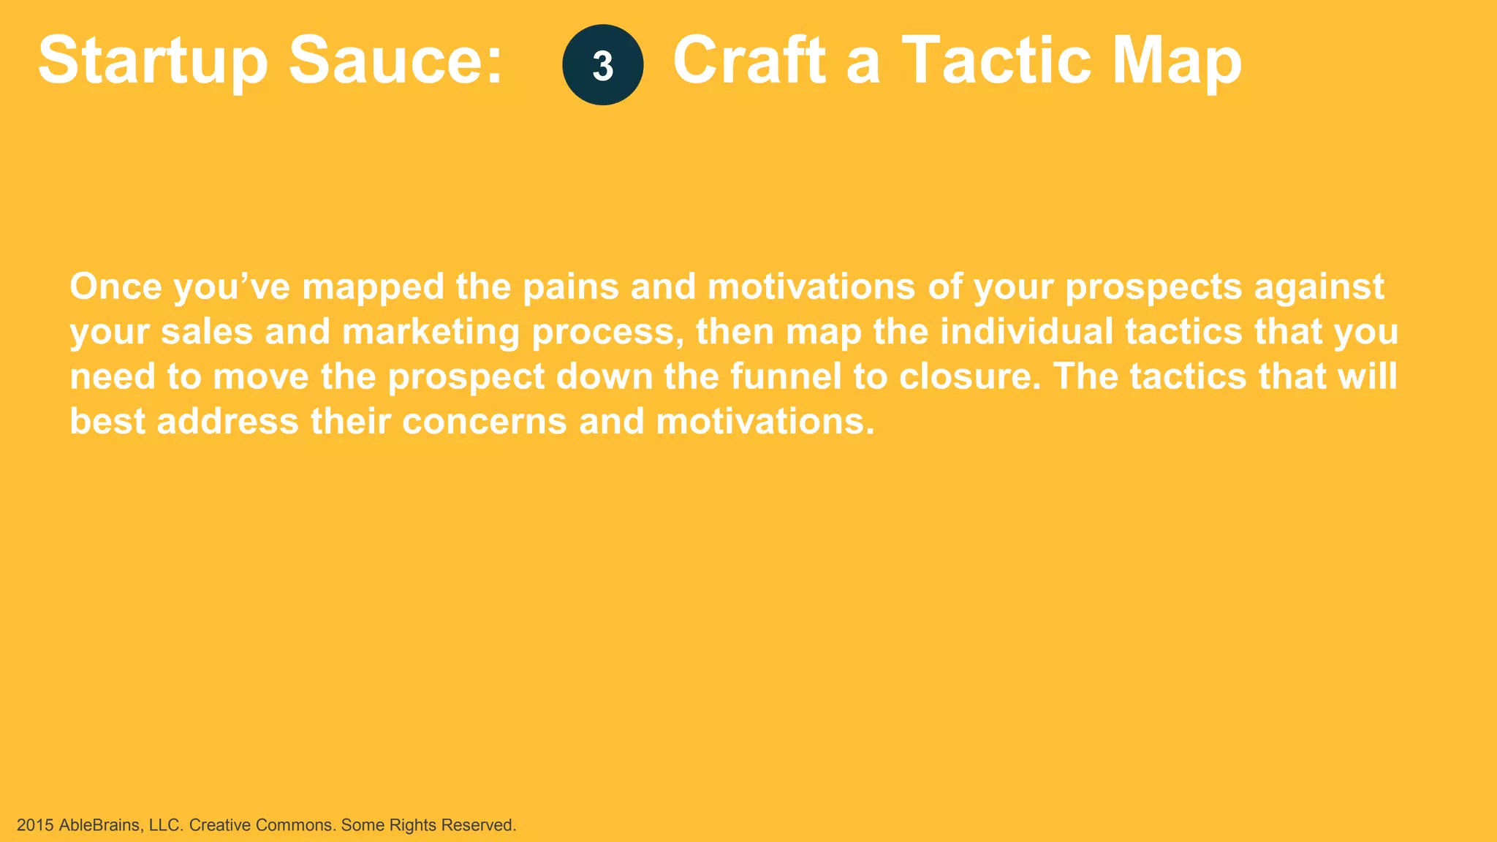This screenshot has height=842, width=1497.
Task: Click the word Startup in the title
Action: [153, 61]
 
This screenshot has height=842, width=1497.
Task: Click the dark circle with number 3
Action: [602, 65]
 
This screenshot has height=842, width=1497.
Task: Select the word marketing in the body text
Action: [431, 332]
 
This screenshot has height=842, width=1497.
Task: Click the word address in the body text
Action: [227, 422]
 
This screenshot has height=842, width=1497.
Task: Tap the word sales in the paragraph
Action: [207, 331]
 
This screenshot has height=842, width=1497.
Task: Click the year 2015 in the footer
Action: [35, 825]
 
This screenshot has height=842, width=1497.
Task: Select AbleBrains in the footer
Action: [99, 825]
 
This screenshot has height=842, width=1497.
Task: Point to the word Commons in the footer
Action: [295, 825]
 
